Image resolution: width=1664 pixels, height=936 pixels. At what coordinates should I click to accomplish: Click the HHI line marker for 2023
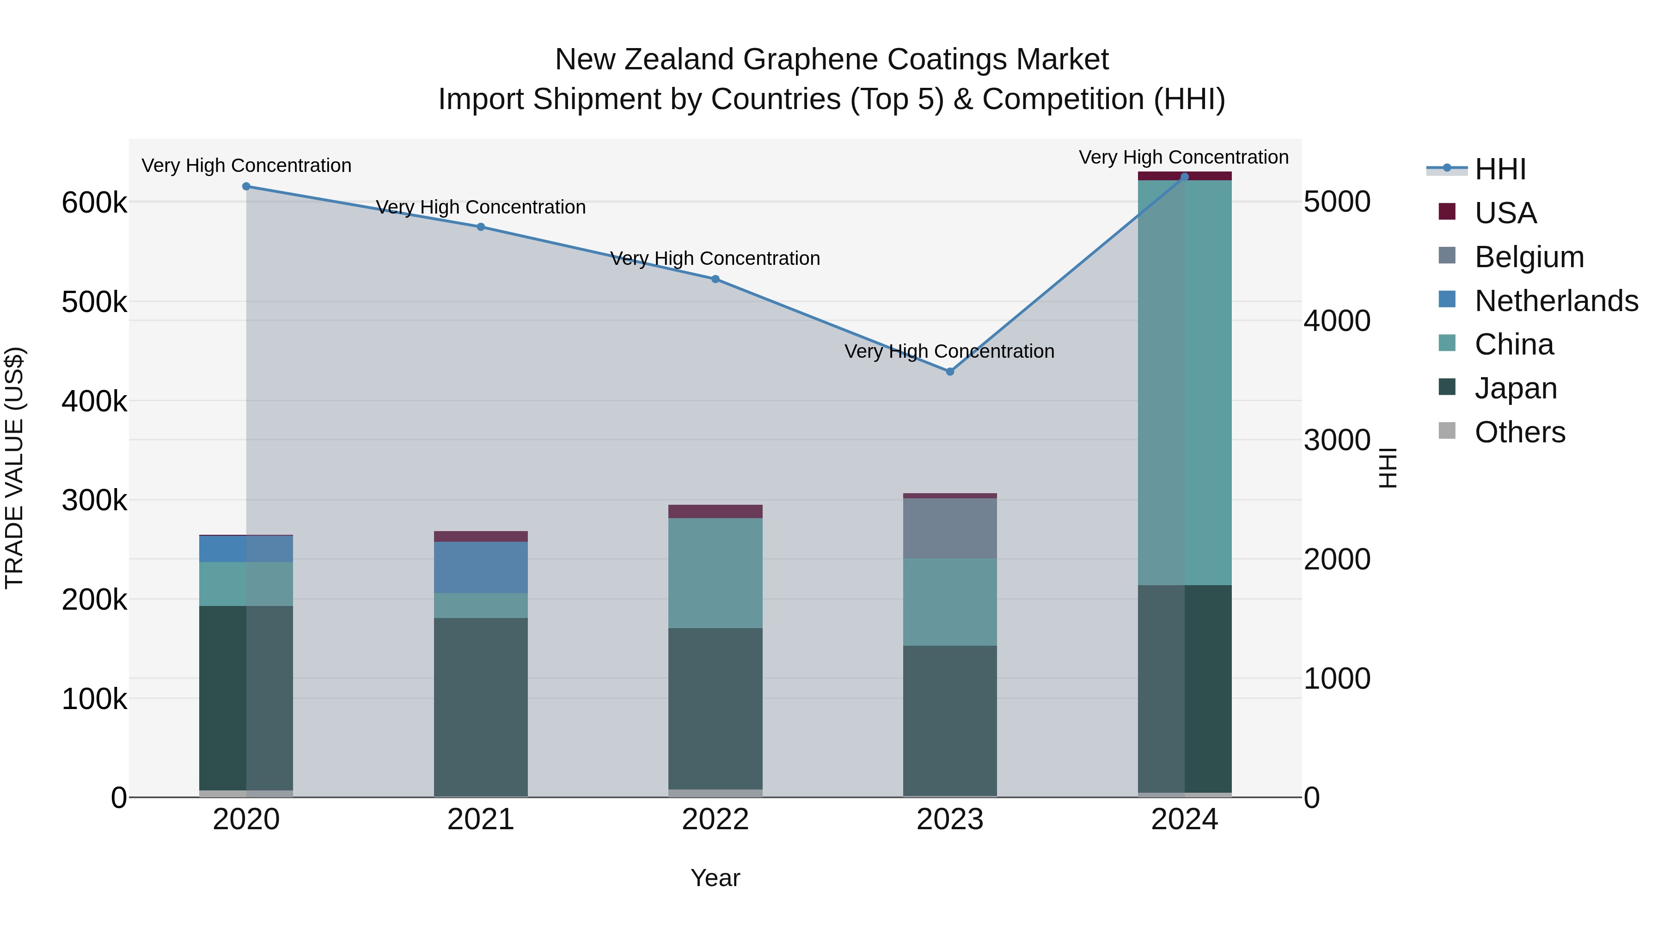[x=949, y=372]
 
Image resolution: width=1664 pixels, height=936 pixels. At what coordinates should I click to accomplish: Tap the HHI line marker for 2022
[x=715, y=279]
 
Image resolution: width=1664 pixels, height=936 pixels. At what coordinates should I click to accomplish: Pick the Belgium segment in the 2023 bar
[x=949, y=528]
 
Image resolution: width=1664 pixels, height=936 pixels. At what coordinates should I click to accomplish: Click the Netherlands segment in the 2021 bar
[x=481, y=567]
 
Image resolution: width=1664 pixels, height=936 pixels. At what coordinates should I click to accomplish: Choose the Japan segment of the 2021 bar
[x=481, y=707]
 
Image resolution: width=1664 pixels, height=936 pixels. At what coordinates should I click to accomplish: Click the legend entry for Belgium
[x=1529, y=257]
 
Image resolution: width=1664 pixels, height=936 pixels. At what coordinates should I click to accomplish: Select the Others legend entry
[x=1519, y=432]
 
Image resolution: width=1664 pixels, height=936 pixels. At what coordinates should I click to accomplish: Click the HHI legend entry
[x=1500, y=169]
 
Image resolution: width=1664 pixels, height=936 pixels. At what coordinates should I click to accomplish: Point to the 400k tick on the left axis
[x=94, y=402]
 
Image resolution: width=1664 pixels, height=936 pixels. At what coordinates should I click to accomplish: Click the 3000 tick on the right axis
[x=1336, y=440]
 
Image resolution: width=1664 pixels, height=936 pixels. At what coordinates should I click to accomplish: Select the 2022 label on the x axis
[x=715, y=820]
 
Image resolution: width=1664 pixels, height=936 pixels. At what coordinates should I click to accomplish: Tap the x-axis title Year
[x=715, y=878]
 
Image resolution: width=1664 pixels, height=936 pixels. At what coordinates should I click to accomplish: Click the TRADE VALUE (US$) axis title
[x=14, y=468]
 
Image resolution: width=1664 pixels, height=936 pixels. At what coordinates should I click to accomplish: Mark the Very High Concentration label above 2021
[x=481, y=208]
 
